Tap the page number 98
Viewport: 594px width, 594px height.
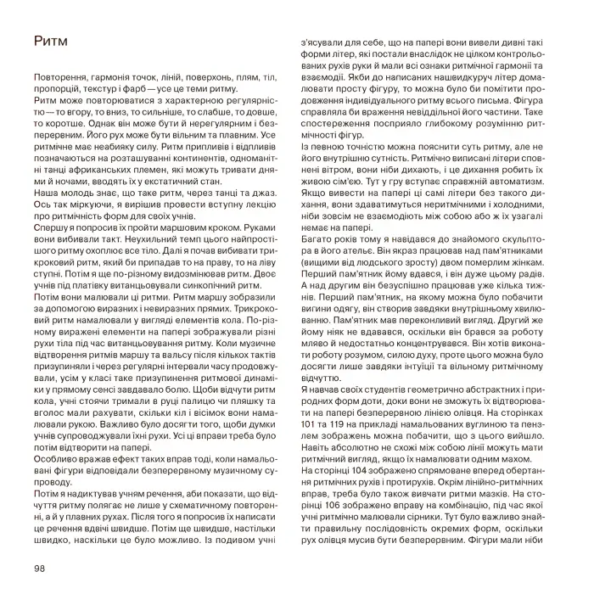pos(42,568)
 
